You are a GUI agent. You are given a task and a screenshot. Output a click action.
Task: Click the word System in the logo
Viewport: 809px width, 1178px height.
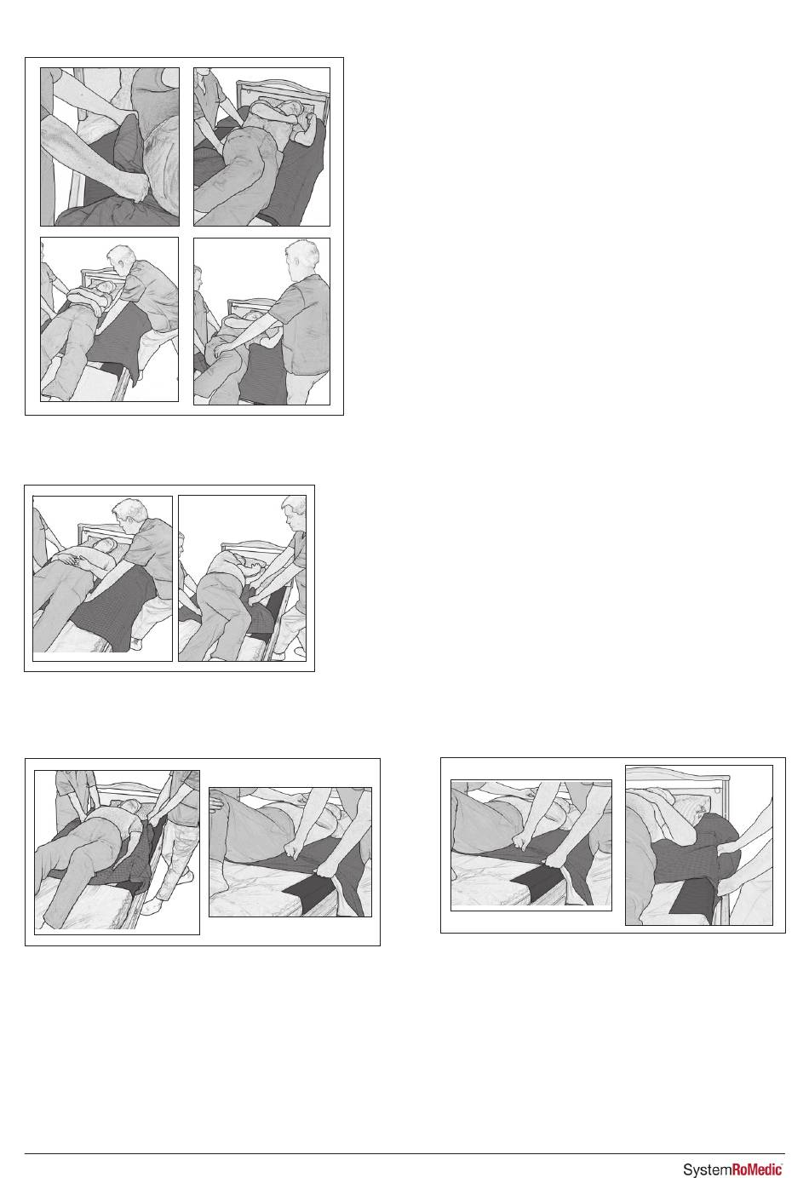click(708, 1169)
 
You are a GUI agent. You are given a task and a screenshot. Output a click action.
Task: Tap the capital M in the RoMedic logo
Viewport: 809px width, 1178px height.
click(754, 1169)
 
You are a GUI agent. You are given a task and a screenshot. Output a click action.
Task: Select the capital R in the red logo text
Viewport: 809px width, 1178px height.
click(737, 1169)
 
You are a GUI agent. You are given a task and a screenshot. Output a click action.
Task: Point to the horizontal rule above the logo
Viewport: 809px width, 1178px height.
click(404, 1154)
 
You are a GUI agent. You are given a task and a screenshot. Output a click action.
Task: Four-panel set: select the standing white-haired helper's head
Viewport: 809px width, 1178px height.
click(301, 257)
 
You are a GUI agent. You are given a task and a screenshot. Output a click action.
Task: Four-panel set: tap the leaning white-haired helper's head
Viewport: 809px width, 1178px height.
click(122, 259)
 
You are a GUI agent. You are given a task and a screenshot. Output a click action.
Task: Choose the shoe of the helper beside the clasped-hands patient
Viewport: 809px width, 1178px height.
click(136, 642)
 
